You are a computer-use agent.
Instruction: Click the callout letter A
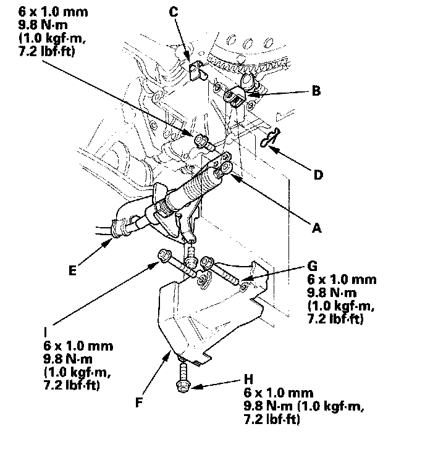pyautogui.click(x=317, y=228)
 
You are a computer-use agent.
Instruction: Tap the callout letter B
pyautogui.click(x=316, y=91)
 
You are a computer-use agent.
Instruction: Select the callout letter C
pyautogui.click(x=174, y=11)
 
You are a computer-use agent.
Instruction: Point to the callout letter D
pyautogui.click(x=318, y=175)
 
